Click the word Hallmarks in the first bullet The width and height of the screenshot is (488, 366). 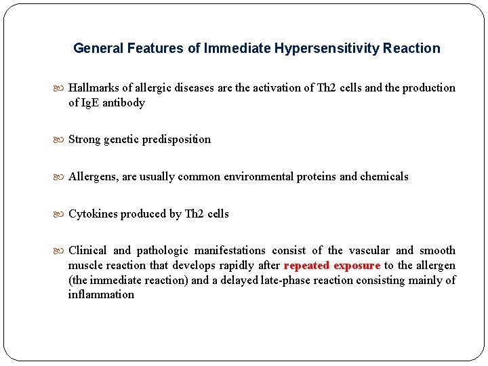(x=94, y=88)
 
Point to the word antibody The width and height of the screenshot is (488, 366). (x=124, y=103)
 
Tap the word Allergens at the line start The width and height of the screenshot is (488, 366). (x=93, y=177)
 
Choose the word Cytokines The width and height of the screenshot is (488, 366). (x=94, y=214)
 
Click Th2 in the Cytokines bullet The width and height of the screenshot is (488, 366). (x=195, y=214)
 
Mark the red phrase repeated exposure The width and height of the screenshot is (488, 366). (x=332, y=266)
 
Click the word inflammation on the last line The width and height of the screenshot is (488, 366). (x=101, y=295)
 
